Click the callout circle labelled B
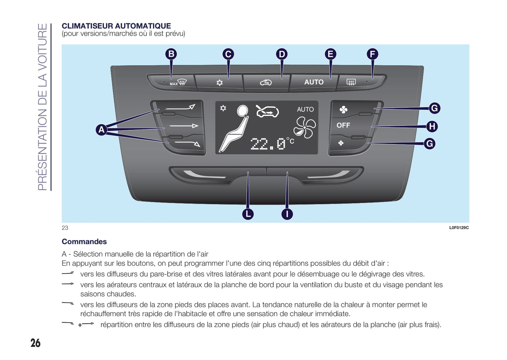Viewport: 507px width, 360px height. pos(171,54)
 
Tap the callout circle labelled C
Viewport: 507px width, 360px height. pos(228,54)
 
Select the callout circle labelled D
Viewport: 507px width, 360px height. pos(281,54)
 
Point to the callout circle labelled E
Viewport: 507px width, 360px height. pos(330,54)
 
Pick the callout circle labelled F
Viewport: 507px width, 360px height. pos(372,54)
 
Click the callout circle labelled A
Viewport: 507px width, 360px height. pos(101,130)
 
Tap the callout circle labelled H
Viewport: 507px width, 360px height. pos(432,126)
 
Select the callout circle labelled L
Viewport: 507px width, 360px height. pos(248,214)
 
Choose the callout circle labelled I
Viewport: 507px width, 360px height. pos(287,214)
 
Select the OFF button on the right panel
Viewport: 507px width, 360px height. pos(343,125)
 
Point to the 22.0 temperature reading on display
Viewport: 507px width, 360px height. pos(268,144)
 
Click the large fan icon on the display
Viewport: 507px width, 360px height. pos(305,127)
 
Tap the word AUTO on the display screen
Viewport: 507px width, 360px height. pos(305,109)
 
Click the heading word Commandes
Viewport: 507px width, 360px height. pos(84,241)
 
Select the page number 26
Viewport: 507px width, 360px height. pos(35,343)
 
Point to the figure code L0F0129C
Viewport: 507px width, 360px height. pos(459,228)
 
